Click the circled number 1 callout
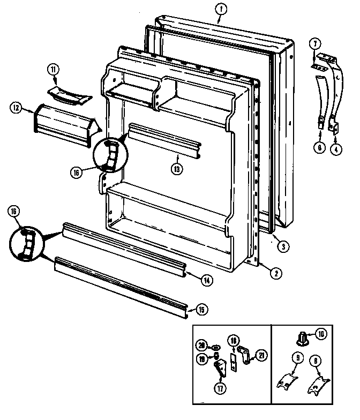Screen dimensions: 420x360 [219, 9]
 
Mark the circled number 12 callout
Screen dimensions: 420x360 [16, 108]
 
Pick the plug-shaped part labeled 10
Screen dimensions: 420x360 [302, 339]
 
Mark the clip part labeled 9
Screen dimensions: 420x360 [290, 377]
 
